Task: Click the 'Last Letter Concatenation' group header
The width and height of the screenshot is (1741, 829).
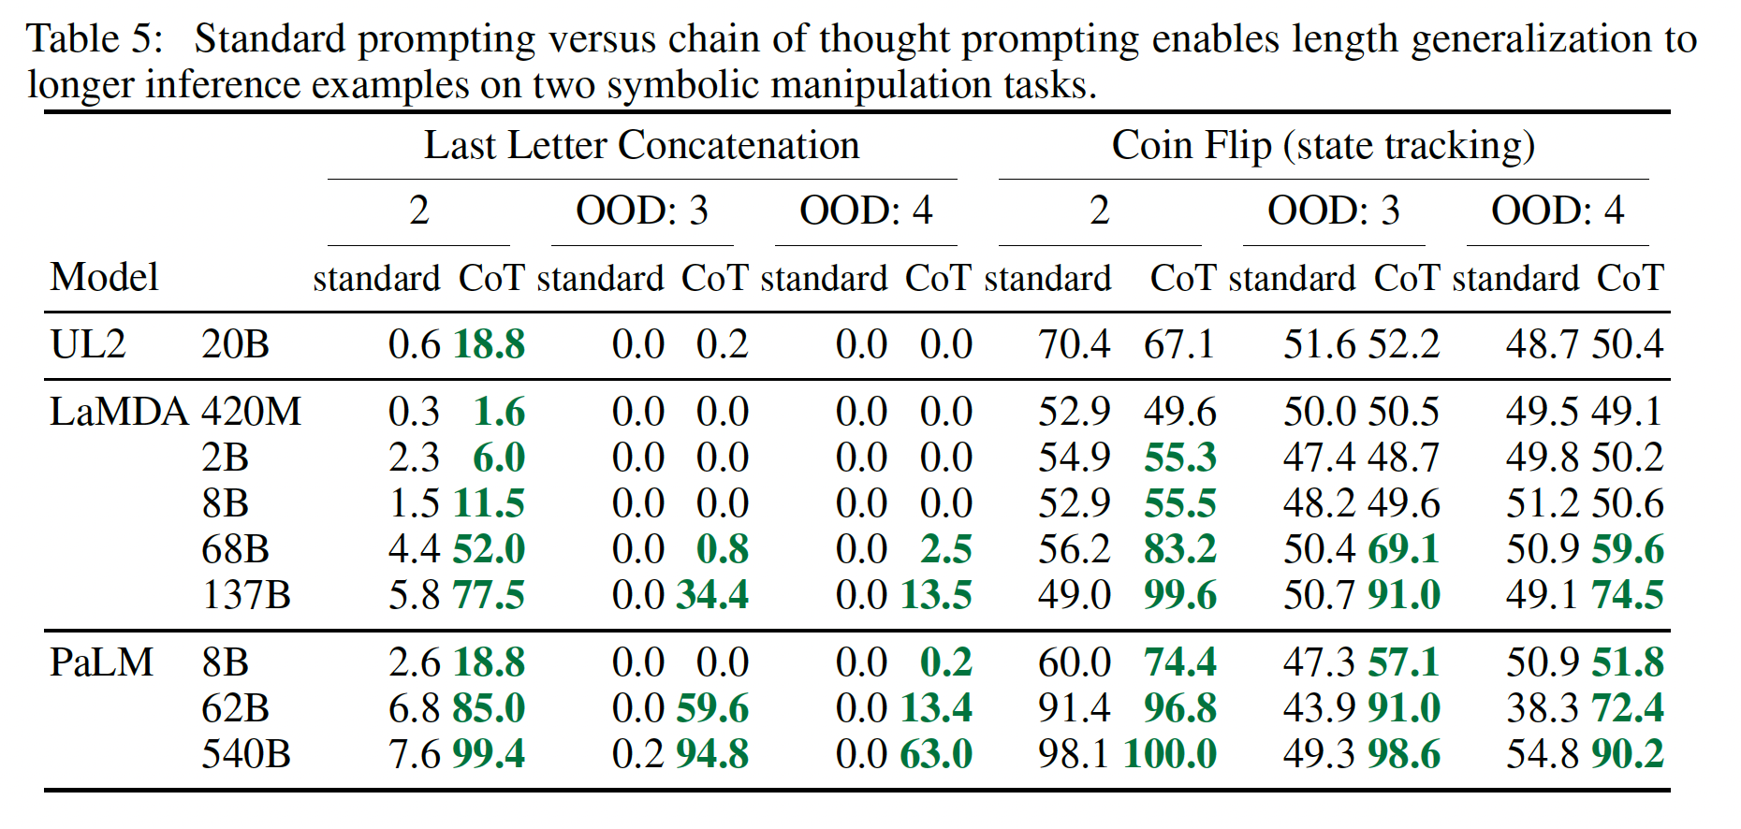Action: click(641, 146)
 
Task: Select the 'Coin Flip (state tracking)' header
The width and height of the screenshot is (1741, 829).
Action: click(1323, 146)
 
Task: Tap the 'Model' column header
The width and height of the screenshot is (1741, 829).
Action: click(104, 278)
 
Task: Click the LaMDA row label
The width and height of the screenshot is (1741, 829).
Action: click(119, 412)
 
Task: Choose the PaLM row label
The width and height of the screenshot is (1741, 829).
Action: click(101, 662)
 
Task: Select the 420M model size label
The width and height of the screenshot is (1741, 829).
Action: click(251, 412)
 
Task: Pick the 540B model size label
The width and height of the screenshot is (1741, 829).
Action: click(245, 754)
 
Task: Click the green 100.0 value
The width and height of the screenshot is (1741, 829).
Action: click(1170, 754)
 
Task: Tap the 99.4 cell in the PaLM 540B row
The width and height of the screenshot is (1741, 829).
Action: click(489, 754)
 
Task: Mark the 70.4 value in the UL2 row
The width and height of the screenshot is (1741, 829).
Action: click(1074, 344)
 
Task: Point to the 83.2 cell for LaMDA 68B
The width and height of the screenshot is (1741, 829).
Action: click(1179, 549)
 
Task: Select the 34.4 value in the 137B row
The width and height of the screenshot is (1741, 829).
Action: click(712, 595)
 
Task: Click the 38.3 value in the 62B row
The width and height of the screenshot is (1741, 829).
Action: click(1541, 708)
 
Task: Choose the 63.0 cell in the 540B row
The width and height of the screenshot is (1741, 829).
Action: click(936, 754)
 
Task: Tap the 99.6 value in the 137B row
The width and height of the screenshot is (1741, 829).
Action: click(1179, 595)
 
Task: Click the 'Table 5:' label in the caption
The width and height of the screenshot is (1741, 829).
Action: click(95, 39)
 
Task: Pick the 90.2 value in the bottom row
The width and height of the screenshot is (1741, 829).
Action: click(1628, 754)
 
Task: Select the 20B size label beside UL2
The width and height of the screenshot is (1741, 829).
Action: click(235, 344)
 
